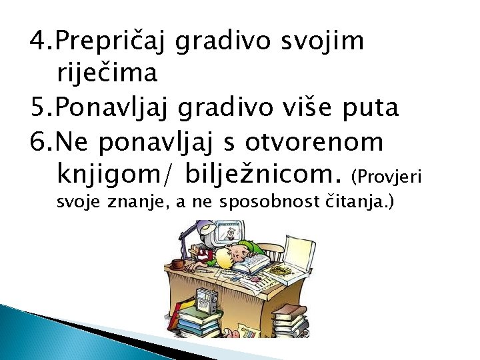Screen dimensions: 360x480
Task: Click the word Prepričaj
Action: (113, 41)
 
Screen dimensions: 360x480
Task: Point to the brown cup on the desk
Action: (177, 265)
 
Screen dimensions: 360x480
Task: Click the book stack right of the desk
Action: (289, 320)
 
